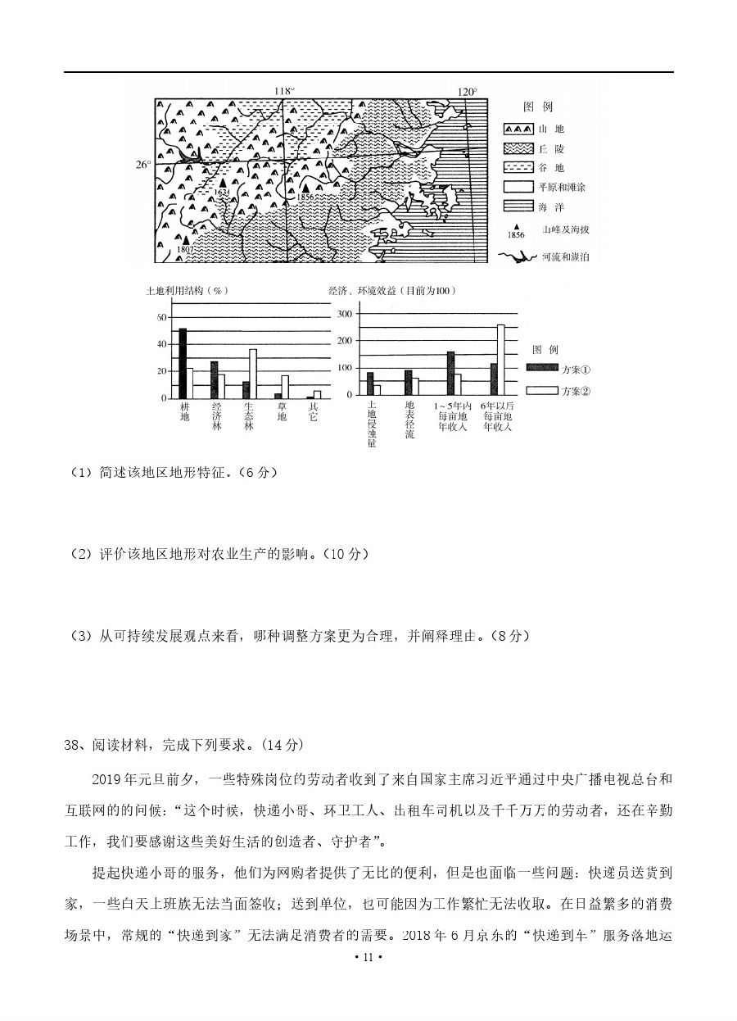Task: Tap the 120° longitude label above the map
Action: click(467, 92)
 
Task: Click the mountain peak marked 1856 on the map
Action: click(305, 188)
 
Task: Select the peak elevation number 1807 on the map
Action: click(185, 249)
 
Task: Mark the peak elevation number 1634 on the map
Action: click(219, 192)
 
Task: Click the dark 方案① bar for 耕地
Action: click(183, 363)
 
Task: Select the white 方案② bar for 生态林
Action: click(253, 374)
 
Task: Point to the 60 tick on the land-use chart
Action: click(161, 317)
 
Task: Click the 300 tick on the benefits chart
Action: click(345, 315)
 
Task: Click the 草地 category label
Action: click(282, 412)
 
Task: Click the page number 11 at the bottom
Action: click(368, 981)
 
